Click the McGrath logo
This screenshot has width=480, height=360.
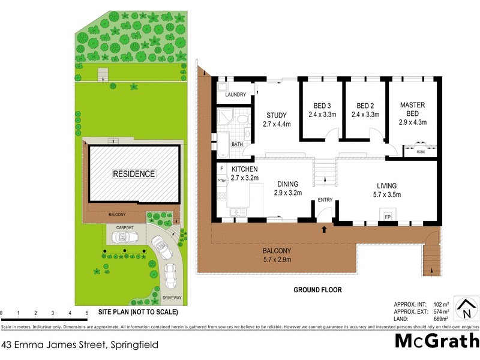436,341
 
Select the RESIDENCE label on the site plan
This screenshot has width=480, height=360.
134,174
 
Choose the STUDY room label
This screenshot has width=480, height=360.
276,115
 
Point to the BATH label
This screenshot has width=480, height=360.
237,144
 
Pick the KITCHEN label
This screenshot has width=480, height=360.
245,169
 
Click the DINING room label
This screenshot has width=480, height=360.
287,184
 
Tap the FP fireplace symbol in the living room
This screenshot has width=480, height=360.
388,216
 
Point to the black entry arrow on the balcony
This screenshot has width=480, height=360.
324,229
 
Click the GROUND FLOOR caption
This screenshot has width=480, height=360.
317,290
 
